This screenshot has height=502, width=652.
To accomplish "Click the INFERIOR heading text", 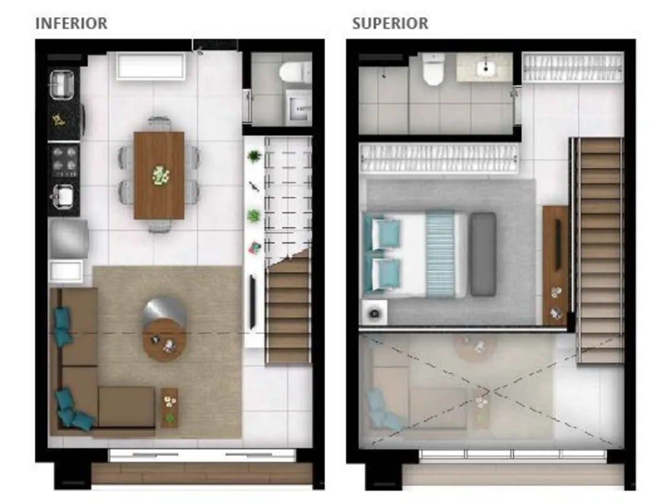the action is point(71,23).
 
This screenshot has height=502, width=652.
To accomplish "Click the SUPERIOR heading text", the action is point(390,23).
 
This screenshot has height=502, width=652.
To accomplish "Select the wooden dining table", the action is point(159,175).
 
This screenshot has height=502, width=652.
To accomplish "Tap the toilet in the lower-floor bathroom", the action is point(295,72).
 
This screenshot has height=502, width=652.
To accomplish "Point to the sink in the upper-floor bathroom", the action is point(485,67).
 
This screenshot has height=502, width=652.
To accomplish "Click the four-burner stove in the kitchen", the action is point(65,162).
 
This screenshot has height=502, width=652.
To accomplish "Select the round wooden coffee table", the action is point(165,339).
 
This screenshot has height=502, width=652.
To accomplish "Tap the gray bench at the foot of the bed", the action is point(483,254).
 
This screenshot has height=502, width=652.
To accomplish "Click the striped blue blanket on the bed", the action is point(440,254).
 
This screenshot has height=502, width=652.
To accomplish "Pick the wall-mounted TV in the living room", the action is point(253,302).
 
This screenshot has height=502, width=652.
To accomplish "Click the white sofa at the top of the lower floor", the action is point(151,66).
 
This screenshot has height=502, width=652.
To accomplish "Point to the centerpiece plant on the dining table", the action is point(160,175).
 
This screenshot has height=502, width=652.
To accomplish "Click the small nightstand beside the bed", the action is point(375,312).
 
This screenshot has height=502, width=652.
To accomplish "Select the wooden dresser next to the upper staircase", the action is point(555,265).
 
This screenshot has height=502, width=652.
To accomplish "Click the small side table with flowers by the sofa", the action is point(169,408).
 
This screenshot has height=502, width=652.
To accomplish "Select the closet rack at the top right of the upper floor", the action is point(573,67).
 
